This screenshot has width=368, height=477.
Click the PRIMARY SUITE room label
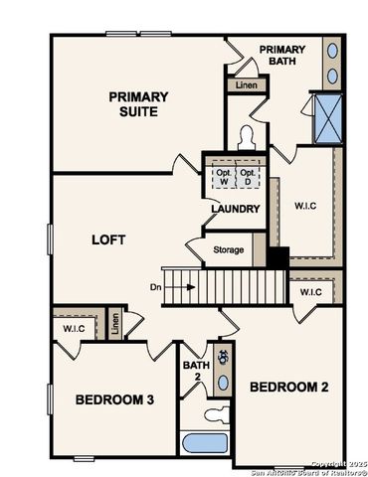tap(138, 103)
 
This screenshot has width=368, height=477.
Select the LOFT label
tap(107, 239)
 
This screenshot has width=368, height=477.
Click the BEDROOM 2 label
tap(287, 386)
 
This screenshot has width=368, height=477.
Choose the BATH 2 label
tap(195, 371)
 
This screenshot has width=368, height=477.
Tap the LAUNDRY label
tap(235, 209)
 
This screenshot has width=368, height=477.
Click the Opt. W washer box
tap(222, 176)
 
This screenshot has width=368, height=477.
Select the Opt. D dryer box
tap(249, 176)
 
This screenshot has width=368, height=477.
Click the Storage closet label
tap(228, 249)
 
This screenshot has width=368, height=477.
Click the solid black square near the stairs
tap(276, 256)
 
